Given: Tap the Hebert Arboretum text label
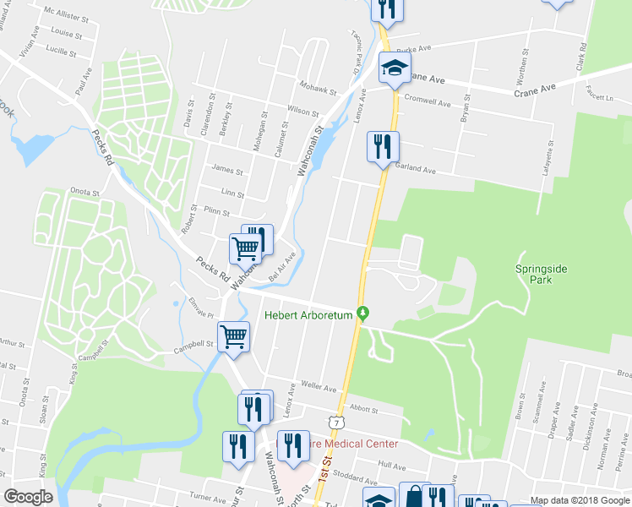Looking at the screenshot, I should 308,316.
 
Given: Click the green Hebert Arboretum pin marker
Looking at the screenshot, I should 362,313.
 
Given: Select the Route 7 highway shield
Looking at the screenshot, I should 336,421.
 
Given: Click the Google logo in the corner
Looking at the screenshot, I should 28,497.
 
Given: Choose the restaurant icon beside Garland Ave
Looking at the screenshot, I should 382,148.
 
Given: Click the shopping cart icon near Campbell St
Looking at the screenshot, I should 234,336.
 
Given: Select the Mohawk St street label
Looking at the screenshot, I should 318,86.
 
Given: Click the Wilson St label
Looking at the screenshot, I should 302,111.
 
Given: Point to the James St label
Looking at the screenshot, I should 227,171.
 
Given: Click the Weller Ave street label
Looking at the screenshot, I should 319,386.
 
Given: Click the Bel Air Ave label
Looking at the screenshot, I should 282,265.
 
